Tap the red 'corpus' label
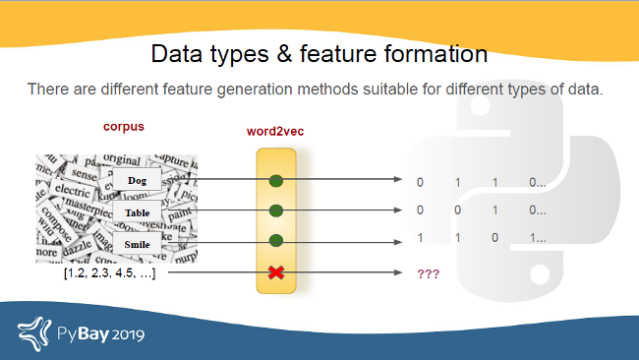[x=125, y=127]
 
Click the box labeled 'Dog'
[x=137, y=180]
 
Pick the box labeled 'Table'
[x=137, y=211]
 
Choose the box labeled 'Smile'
[x=137, y=242]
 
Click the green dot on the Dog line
[x=276, y=180]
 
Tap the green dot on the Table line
[x=276, y=210]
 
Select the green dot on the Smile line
[x=276, y=241]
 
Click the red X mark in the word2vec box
[x=276, y=271]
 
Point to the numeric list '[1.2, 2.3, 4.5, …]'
[x=108, y=272]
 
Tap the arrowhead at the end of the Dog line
[x=397, y=180]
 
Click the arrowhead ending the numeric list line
[x=397, y=272]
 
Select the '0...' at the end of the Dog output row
[x=537, y=182]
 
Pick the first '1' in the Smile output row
[x=421, y=238]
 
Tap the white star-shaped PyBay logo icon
[x=34, y=331]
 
